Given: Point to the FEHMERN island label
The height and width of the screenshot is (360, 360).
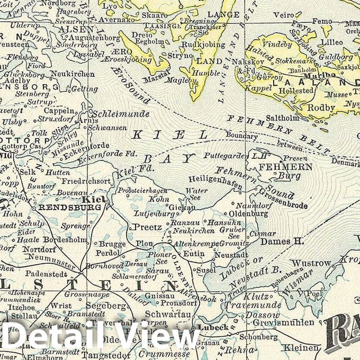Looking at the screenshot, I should click(x=278, y=167).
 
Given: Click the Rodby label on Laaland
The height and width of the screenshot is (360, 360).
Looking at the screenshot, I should click(x=322, y=108).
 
